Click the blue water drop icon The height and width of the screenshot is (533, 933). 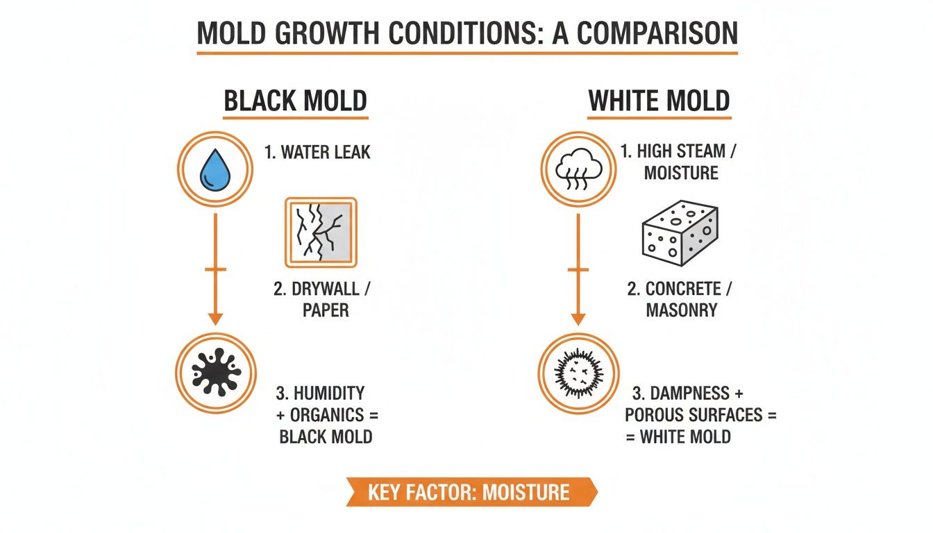(215, 170)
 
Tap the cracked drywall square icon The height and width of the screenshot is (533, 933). (321, 232)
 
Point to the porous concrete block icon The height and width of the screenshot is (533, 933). (680, 232)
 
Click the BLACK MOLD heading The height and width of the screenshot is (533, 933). (295, 101)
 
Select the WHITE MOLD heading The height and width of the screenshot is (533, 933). (659, 101)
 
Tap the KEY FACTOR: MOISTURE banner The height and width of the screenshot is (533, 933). (469, 492)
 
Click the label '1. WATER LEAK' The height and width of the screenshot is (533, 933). (317, 152)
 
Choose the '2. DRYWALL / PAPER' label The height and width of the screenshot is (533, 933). (326, 299)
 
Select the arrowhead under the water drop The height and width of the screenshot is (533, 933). (215, 318)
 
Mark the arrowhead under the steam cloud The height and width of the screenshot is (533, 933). (578, 318)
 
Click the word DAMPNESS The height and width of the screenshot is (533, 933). (682, 394)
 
